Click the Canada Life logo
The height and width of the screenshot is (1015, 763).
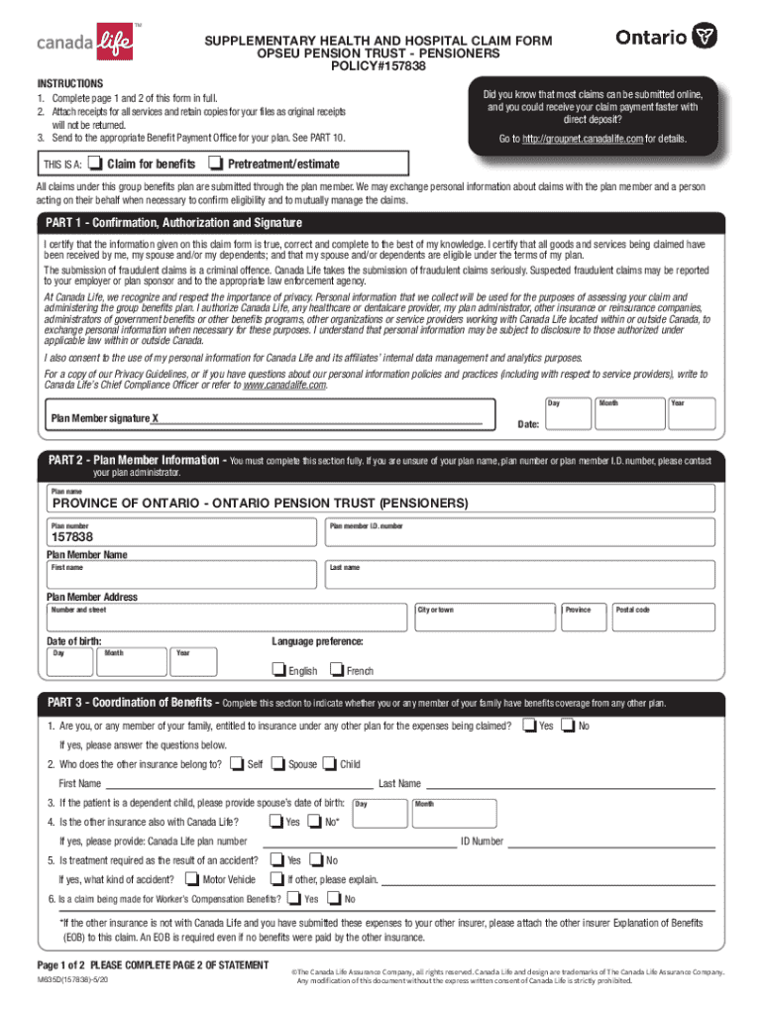tap(84, 43)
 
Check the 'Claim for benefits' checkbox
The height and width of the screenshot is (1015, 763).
tap(95, 163)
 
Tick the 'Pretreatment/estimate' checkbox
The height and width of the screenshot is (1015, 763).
tap(216, 163)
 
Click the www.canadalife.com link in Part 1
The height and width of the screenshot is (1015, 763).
tap(284, 385)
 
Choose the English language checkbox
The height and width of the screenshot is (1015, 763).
tap(278, 670)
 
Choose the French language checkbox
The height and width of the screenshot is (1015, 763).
tap(337, 670)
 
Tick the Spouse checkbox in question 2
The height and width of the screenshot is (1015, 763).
tap(278, 763)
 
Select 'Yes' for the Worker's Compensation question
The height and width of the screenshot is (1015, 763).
tap(294, 898)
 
